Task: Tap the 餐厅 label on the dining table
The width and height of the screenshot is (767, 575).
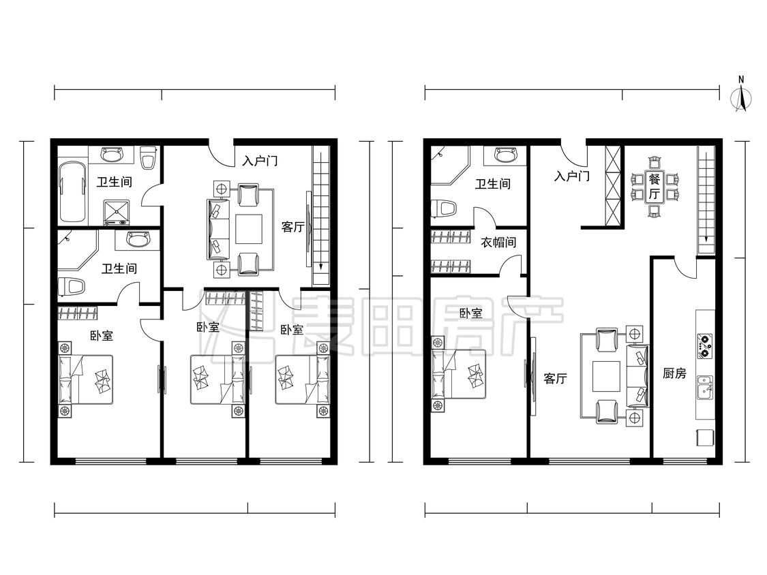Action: [654, 186]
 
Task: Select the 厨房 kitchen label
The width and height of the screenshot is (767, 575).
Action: [674, 373]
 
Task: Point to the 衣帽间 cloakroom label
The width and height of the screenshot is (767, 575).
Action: [498, 242]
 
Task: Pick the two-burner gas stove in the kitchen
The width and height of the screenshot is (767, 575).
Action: [704, 345]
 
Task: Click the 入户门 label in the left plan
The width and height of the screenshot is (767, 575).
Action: [260, 160]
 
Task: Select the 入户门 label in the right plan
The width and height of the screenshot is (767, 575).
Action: [572, 176]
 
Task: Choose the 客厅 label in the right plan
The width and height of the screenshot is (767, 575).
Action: [555, 378]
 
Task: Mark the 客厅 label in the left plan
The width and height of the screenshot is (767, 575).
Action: [293, 227]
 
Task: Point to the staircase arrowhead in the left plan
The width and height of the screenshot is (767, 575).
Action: [320, 266]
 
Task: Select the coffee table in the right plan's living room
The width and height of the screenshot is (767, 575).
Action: [607, 377]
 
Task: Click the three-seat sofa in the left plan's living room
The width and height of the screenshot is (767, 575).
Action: [218, 229]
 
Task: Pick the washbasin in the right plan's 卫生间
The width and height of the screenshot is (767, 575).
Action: [505, 155]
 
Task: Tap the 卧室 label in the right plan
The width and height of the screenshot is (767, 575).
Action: [470, 313]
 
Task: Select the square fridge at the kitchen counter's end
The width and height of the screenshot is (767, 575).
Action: [704, 437]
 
